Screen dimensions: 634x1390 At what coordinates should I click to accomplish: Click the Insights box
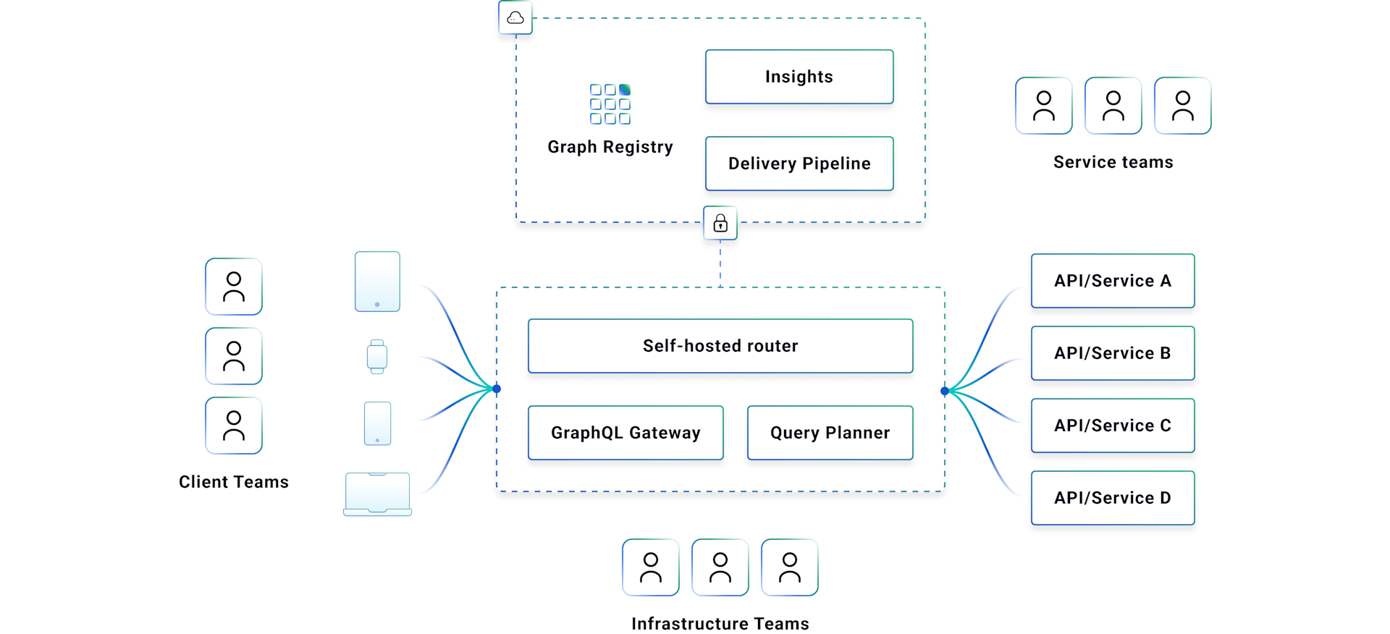[x=799, y=77]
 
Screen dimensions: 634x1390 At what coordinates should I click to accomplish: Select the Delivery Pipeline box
[x=799, y=164]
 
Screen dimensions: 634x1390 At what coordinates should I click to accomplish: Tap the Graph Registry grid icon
[x=610, y=104]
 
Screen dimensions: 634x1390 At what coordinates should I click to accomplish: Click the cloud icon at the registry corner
[x=515, y=17]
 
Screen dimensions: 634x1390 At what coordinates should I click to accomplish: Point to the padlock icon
[x=720, y=223]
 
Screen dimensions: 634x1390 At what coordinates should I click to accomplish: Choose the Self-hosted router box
[x=720, y=346]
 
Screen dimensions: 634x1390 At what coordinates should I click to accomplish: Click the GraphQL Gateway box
[x=625, y=433]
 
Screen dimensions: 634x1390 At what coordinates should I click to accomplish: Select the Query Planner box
[x=830, y=433]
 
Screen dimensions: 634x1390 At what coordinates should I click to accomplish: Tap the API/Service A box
[x=1113, y=281]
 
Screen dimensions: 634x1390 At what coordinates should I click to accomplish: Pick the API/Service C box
[x=1113, y=426]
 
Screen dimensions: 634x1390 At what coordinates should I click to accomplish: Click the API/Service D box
[x=1113, y=498]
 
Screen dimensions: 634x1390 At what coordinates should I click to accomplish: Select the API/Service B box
[x=1113, y=353]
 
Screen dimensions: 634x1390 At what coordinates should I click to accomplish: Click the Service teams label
[x=1113, y=162]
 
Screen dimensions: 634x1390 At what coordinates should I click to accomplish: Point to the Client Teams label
[x=234, y=482]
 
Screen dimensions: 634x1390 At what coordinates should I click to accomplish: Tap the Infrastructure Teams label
[x=720, y=623]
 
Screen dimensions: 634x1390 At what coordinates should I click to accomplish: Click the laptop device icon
[x=377, y=494]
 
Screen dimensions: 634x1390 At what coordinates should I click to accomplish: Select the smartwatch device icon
[x=377, y=357]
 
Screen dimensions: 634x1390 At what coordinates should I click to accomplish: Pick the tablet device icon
[x=377, y=282]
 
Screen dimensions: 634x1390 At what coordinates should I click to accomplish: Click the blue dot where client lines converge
[x=497, y=389]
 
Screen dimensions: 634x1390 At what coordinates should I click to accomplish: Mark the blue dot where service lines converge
[x=945, y=391]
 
